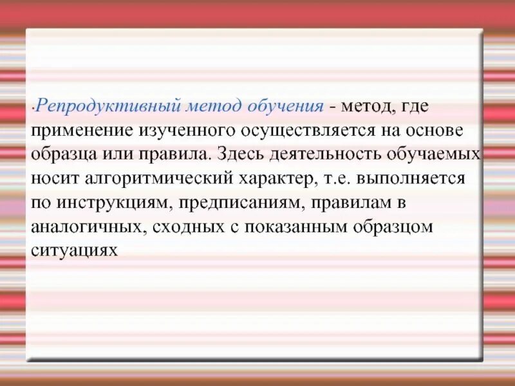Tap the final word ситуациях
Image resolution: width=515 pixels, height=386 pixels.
click(74, 252)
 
